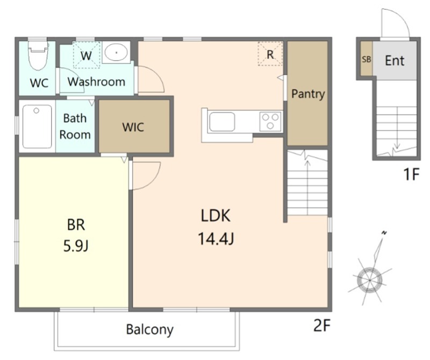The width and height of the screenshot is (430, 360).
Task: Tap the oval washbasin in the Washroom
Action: [116, 52]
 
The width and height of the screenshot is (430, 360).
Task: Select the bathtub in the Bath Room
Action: [37, 126]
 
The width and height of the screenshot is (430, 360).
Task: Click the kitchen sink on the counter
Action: [222, 122]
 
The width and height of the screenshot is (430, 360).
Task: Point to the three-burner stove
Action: [270, 122]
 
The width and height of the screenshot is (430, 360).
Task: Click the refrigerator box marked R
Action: [270, 54]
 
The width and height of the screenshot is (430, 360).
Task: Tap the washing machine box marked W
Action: [87, 55]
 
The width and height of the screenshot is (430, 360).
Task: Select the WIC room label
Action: [133, 127]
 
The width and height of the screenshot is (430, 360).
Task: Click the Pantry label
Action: [307, 94]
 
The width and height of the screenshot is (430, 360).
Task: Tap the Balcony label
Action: [150, 329]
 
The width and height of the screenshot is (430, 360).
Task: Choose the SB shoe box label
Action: [367, 59]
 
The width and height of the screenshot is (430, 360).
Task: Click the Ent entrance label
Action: [395, 60]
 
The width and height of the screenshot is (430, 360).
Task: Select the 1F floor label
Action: [411, 174]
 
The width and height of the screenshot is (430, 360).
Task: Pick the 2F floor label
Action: [322, 326]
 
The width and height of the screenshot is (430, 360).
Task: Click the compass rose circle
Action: [369, 280]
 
